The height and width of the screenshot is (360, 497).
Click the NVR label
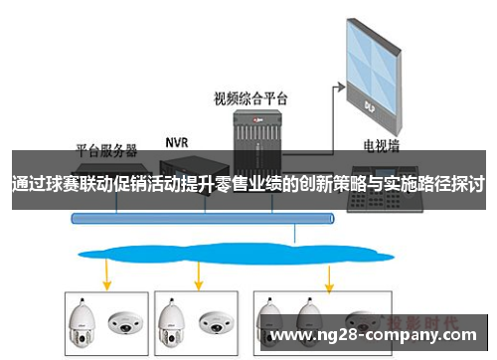[177, 143]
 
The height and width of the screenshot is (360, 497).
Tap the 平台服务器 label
[107, 151]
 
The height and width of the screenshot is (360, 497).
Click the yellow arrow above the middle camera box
[199, 271]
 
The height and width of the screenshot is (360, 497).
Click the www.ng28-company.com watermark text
[377, 335]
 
